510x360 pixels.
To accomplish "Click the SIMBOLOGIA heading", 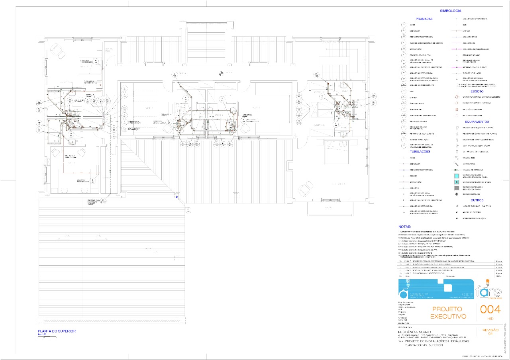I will point(450,11).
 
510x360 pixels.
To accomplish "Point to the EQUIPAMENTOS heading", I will point(477,121).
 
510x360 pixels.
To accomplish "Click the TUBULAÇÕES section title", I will point(420,152).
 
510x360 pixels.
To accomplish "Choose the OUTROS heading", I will point(477,200).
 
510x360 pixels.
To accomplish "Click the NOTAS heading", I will point(405,226).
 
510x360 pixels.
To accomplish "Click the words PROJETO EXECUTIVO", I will point(447,313).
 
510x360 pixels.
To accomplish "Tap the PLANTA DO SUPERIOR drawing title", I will point(57,331).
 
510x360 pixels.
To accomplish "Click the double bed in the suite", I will point(339,151).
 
